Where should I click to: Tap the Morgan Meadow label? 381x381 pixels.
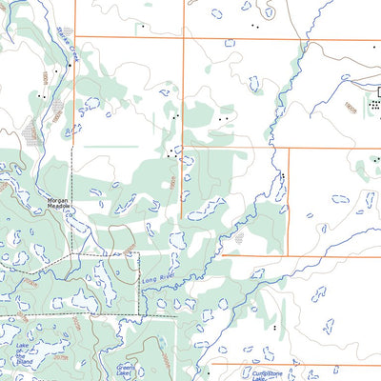click(x=59, y=203)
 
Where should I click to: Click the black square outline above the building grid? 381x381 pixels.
click(x=379, y=90)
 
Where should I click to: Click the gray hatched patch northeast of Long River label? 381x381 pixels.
click(x=238, y=238)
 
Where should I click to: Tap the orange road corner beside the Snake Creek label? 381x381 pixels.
click(x=75, y=37)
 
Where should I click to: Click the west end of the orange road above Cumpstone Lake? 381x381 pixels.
click(x=211, y=363)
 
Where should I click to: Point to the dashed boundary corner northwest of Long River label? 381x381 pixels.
click(x=139, y=253)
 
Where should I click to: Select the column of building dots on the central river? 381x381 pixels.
click(x=283, y=178)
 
